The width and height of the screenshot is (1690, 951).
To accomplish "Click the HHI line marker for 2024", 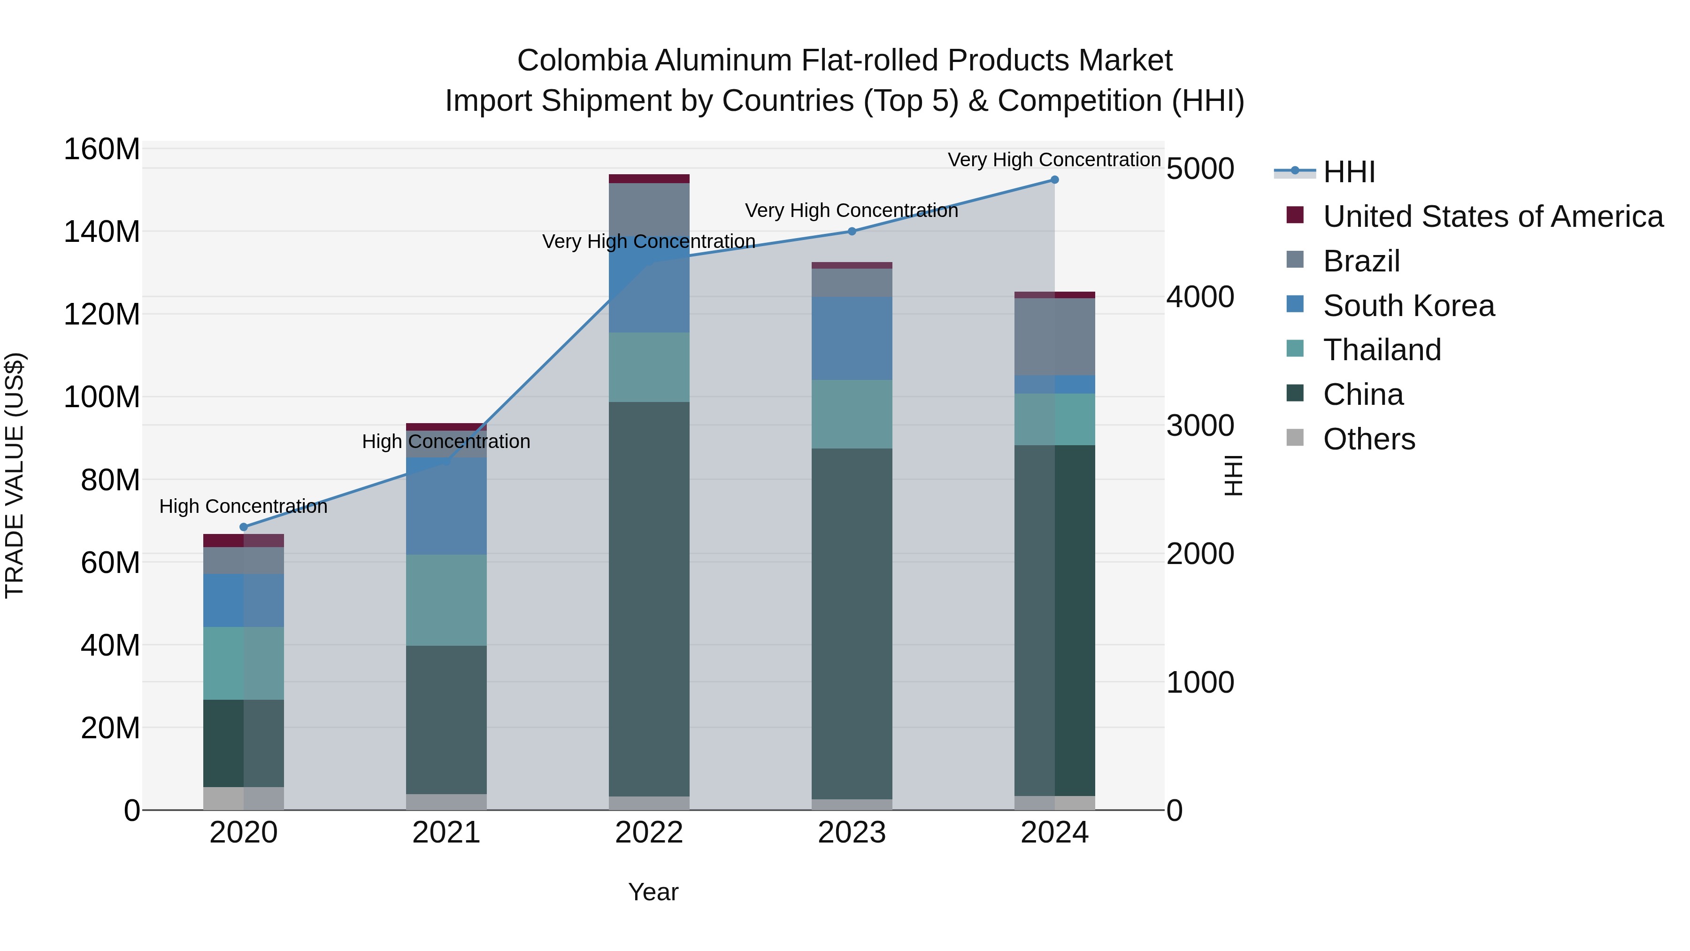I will pyautogui.click(x=1054, y=180).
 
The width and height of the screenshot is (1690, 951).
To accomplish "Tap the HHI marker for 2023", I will pyautogui.click(x=852, y=231).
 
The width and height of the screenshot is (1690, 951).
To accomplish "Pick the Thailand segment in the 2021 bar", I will pyautogui.click(x=446, y=600).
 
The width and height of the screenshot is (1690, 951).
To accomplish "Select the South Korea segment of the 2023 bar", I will pyautogui.click(x=852, y=338).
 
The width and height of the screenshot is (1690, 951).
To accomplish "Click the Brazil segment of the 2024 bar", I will pyautogui.click(x=1054, y=337).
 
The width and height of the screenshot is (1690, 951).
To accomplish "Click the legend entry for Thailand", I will pyautogui.click(x=1382, y=350).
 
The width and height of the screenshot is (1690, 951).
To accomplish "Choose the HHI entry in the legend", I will pyautogui.click(x=1349, y=172).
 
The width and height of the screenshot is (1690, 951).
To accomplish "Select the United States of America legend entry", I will pyautogui.click(x=1492, y=216).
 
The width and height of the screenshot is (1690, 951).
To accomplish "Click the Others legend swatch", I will pyautogui.click(x=1295, y=437).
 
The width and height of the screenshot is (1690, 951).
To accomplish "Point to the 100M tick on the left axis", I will pyautogui.click(x=102, y=397).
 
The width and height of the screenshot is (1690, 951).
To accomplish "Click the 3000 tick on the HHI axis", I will pyautogui.click(x=1200, y=425).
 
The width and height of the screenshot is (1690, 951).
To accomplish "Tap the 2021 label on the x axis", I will pyautogui.click(x=446, y=833).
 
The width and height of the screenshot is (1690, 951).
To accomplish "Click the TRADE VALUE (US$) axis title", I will pyautogui.click(x=15, y=475).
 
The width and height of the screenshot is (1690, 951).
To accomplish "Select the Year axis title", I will pyautogui.click(x=653, y=892).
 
